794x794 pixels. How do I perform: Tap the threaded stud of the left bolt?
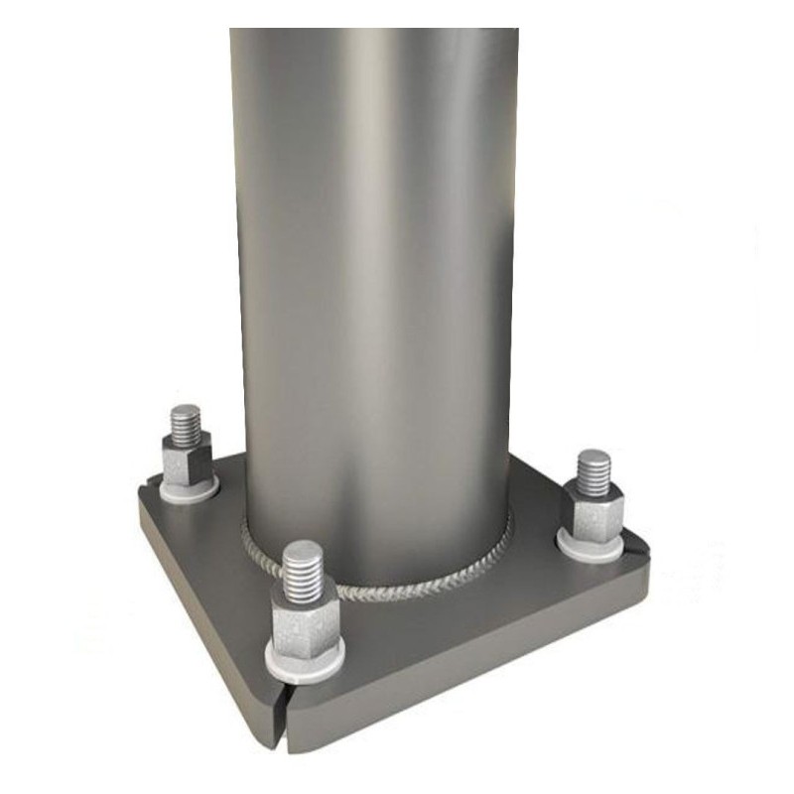pyautogui.click(x=186, y=426)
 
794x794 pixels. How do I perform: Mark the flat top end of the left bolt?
pyautogui.click(x=186, y=411)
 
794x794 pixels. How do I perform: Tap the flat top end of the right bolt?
pyautogui.click(x=595, y=457)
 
